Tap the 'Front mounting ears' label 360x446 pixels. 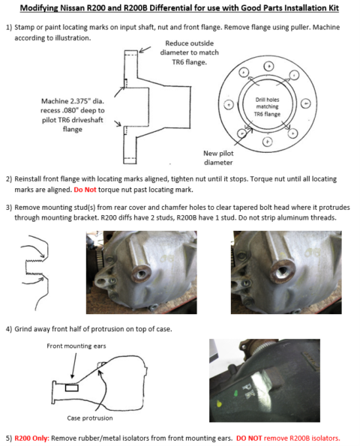tap(74, 346)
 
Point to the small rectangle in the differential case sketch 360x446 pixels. tap(74, 388)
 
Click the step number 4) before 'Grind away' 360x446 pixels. tap(9, 329)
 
